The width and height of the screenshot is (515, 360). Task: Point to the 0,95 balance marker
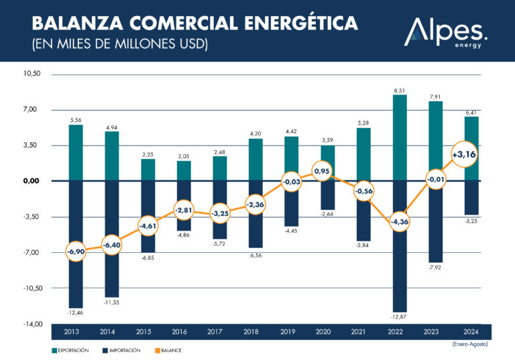click(322, 171)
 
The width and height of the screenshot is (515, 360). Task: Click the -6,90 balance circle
click(76, 252)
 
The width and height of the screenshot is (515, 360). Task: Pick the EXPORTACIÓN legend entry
click(70, 350)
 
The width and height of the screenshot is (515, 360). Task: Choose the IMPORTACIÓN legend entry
click(120, 350)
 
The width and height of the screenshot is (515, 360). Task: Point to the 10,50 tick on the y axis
click(32, 74)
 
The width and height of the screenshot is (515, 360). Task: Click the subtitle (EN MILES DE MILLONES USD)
click(121, 45)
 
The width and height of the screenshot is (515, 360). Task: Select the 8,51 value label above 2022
click(400, 89)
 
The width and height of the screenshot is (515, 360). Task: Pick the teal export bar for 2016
click(184, 171)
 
